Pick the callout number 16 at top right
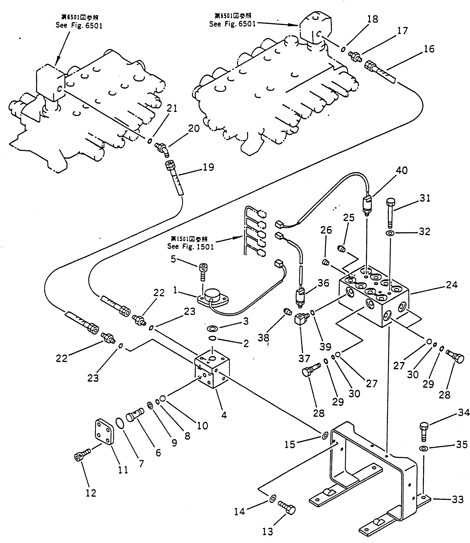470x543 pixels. [x=429, y=49]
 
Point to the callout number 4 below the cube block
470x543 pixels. [x=224, y=415]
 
